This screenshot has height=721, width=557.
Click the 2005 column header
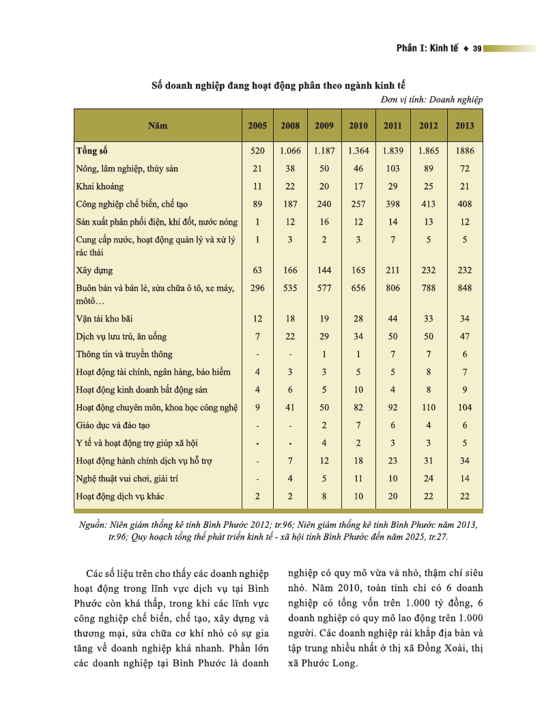pyautogui.click(x=257, y=126)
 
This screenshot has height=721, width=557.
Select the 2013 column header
pyautogui.click(x=465, y=126)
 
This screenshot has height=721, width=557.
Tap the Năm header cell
pyautogui.click(x=158, y=126)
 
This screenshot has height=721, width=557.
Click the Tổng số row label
pyautogui.click(x=92, y=150)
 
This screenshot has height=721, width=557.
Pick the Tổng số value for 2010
pyautogui.click(x=358, y=150)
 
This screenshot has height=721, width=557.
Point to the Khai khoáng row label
pyautogui.click(x=100, y=186)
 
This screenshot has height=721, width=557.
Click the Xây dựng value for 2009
pyautogui.click(x=324, y=270)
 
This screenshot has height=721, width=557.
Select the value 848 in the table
pyautogui.click(x=465, y=288)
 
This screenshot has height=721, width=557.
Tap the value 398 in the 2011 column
pyautogui.click(x=392, y=203)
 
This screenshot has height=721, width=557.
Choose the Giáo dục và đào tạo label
pyautogui.click(x=113, y=425)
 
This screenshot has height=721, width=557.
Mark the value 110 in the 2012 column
pyautogui.click(x=429, y=407)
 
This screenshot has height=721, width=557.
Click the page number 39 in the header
pyautogui.click(x=477, y=48)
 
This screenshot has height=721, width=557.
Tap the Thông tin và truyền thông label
pyautogui.click(x=124, y=354)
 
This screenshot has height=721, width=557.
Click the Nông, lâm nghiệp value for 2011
pyautogui.click(x=392, y=168)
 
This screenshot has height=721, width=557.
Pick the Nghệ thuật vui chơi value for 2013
pyautogui.click(x=465, y=478)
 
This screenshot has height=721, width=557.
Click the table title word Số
pyautogui.click(x=156, y=85)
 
